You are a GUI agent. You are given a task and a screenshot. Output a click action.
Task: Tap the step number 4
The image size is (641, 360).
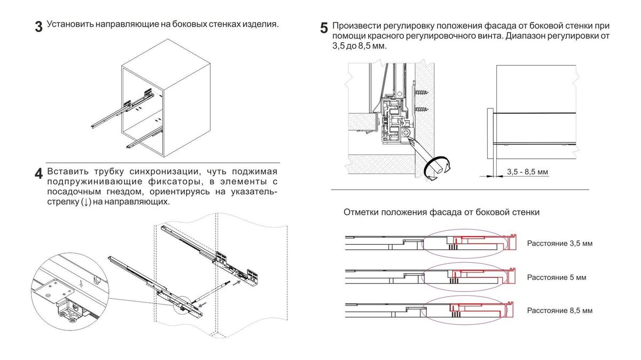coord(38,174)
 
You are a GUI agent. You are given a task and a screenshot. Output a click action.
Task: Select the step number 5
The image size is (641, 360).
coord(324,28)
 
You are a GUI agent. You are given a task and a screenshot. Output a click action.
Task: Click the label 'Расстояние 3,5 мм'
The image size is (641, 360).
coord(559,244)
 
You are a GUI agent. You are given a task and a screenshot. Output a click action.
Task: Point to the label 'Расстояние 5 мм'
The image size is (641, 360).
coord(556,277)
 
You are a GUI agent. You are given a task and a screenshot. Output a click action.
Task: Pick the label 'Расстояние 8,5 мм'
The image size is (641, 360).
coord(559,310)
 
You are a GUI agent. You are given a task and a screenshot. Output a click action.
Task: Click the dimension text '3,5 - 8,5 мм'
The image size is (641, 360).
coord(527,172)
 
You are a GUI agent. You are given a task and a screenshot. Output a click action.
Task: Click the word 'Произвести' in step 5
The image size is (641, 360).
coord(355,26)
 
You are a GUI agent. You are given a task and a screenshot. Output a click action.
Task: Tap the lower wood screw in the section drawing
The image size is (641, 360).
coord(422,110)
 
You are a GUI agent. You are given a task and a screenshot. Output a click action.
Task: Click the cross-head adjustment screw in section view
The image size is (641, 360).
coord(407,132)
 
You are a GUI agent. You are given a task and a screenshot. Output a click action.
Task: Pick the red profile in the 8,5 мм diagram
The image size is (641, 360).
coord(481,308)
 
